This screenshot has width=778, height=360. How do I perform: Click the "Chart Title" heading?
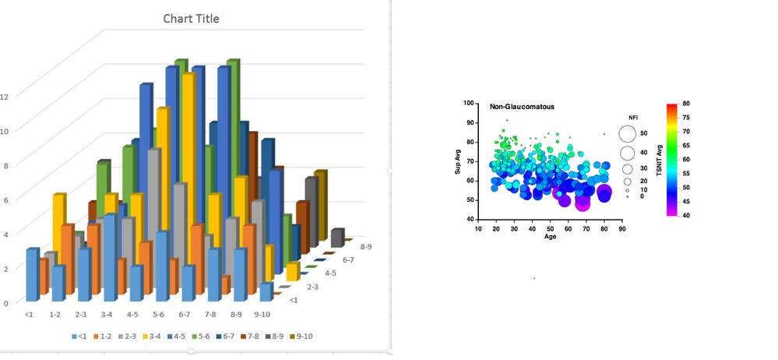click(x=191, y=19)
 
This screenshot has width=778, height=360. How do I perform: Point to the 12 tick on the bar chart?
click(x=5, y=97)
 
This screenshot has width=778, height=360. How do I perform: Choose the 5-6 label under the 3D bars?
click(x=160, y=315)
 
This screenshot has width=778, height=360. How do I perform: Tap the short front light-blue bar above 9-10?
click(x=265, y=291)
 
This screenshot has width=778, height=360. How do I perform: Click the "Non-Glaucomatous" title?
click(x=522, y=106)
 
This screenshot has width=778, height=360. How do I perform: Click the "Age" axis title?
click(x=550, y=237)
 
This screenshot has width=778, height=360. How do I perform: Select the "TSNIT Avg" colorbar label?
click(x=659, y=159)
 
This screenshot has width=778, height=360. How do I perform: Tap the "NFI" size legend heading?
click(x=633, y=117)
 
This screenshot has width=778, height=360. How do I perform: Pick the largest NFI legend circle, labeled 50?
click(x=628, y=134)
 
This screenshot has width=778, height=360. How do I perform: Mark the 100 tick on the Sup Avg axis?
click(x=469, y=103)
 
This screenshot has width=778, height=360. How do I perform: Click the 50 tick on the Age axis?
click(x=550, y=228)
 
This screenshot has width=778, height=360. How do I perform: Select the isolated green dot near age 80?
click(x=604, y=134)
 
